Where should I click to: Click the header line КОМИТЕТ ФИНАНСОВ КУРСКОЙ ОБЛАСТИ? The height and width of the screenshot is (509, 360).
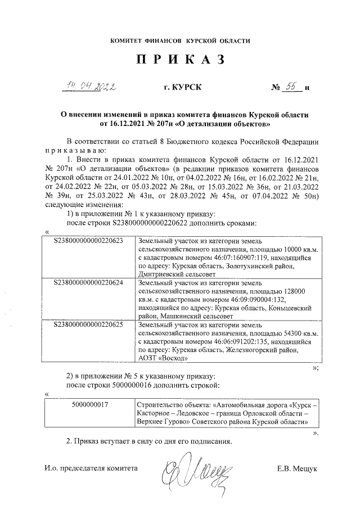(x=179, y=41)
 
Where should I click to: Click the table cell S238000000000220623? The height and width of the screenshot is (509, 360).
(x=88, y=240)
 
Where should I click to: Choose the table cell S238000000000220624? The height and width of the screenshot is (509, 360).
(x=88, y=281)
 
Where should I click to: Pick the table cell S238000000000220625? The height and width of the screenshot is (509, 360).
(x=88, y=324)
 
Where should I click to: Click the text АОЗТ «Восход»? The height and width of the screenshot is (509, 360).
(x=161, y=358)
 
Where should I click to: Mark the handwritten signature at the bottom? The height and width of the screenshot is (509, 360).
(x=196, y=467)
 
